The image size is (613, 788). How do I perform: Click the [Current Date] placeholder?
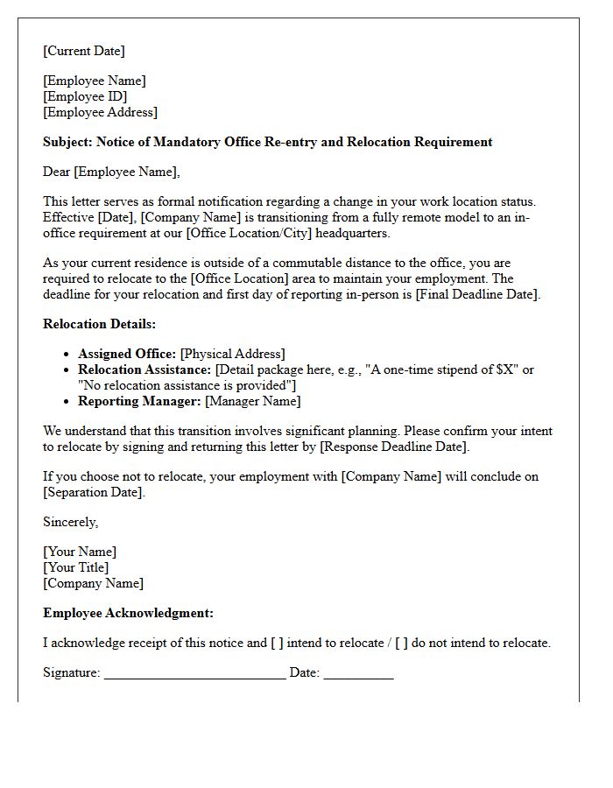(84, 51)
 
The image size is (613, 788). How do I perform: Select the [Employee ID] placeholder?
(85, 96)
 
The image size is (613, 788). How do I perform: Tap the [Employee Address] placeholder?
(100, 112)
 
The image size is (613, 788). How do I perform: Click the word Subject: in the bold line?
(67, 142)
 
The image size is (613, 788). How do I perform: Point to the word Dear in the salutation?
(57, 172)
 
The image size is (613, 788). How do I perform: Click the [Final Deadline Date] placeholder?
(477, 294)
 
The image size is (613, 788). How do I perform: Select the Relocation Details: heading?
(99, 324)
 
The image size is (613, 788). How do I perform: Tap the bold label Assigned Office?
(127, 354)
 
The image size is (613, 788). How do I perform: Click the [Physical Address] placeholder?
(233, 354)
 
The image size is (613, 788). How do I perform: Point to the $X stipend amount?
(505, 369)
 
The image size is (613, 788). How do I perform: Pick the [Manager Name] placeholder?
(253, 401)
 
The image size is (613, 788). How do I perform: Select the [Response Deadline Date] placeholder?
(394, 447)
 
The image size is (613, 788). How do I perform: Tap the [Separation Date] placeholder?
(93, 492)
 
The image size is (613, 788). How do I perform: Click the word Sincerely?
(70, 522)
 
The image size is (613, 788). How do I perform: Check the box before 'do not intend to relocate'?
(401, 643)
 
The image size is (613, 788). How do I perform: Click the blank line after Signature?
(194, 672)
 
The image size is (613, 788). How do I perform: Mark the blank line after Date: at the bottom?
(358, 672)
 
